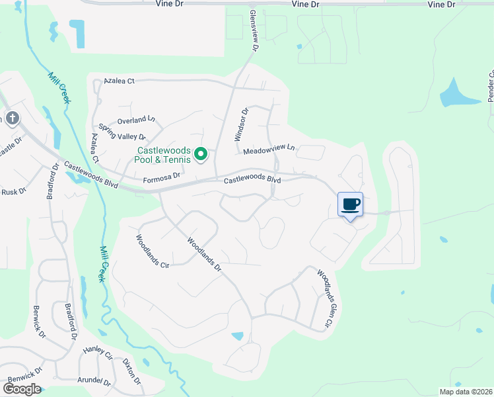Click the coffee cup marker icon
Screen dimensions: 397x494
pyautogui.click(x=351, y=204)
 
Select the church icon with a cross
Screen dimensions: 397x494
pyautogui.click(x=11, y=118)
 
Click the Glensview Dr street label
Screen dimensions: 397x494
pyautogui.click(x=254, y=30)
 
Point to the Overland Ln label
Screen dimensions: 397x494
pyautogui.click(x=136, y=120)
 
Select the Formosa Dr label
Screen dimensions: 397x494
pyautogui.click(x=162, y=177)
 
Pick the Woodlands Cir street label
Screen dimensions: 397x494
pyautogui.click(x=153, y=251)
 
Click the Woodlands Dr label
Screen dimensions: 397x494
pyautogui.click(x=203, y=255)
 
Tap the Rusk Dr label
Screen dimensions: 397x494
pyautogui.click(x=13, y=191)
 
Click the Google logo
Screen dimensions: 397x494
pyautogui.click(x=22, y=389)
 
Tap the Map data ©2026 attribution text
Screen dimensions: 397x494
pyautogui.click(x=464, y=392)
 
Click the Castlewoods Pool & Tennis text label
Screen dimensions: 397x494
pyautogui.click(x=164, y=155)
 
